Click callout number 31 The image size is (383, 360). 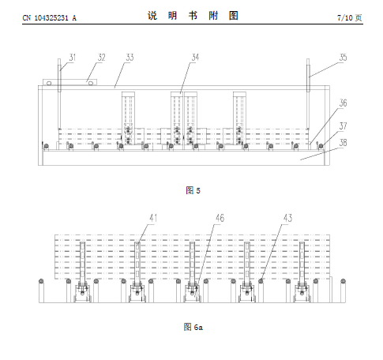(73, 58)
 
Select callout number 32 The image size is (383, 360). (102, 58)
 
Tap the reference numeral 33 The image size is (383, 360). (130, 58)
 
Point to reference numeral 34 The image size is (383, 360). (195, 58)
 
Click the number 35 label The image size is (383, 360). (343, 58)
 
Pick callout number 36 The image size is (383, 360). (343, 103)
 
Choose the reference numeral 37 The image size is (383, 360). (343, 126)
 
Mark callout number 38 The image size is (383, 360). (343, 143)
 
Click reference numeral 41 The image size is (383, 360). (153, 218)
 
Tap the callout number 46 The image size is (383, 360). (220, 218)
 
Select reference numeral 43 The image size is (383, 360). (287, 218)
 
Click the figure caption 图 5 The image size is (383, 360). (193, 190)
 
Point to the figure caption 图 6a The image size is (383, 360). (193, 327)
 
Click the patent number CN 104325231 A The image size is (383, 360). (50, 18)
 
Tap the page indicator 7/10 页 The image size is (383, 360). (350, 18)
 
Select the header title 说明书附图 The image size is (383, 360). (193, 16)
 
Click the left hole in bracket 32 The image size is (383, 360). (49, 84)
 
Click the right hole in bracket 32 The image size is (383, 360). (91, 84)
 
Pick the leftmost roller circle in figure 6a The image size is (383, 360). (41, 281)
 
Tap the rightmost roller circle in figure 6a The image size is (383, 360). (343, 281)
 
